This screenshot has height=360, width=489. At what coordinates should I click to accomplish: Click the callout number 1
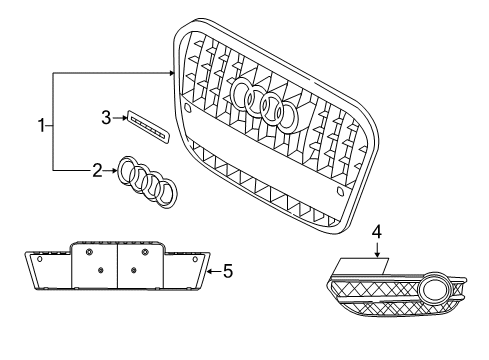coord(41,126)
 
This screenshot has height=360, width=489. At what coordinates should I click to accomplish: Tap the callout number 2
coord(97,170)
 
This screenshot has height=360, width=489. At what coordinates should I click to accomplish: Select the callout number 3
coord(106,118)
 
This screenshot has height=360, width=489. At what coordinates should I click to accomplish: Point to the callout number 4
coord(377,232)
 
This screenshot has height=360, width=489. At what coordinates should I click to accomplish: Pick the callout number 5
coord(228,271)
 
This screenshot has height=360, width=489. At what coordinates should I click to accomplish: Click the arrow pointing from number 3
coord(120,118)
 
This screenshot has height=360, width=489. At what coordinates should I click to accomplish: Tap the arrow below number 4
coord(377,250)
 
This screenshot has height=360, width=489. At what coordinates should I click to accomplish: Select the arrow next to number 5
coord(214,271)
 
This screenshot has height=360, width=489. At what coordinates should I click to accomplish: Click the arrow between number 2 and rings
coord(110,171)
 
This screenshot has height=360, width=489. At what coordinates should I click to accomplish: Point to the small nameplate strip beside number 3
coord(148,127)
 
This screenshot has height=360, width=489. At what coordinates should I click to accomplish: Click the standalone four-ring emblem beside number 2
coord(148,182)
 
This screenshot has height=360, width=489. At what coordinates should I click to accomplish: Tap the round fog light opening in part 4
coord(433,289)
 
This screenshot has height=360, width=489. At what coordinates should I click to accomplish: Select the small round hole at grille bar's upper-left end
coord(187,107)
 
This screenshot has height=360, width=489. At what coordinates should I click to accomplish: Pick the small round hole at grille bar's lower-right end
coord(340,191)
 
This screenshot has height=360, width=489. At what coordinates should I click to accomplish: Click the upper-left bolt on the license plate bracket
coord(89,252)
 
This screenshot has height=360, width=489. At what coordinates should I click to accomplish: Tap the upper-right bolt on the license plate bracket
coord(145,252)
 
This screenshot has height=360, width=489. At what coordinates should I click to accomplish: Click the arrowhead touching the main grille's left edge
coord(172,73)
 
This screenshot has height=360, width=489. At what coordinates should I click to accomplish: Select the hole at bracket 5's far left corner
coord(40,259)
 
